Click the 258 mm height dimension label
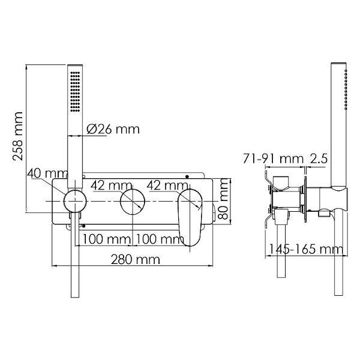[x=17, y=136]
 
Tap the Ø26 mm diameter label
[x=113, y=130]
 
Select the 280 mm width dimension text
[x=136, y=260]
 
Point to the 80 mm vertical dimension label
[x=223, y=199]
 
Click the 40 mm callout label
[x=47, y=173]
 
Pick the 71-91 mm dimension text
[x=273, y=158]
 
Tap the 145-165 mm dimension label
[x=306, y=249]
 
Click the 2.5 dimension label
[x=319, y=158]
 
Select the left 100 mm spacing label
[x=107, y=239]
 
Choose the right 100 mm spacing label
[x=160, y=239]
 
